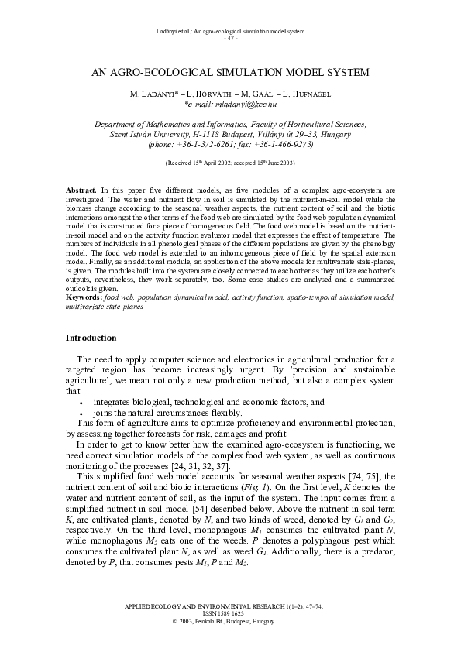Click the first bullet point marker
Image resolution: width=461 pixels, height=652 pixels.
click(81, 404)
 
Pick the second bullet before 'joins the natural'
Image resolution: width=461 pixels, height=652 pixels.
click(81, 414)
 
